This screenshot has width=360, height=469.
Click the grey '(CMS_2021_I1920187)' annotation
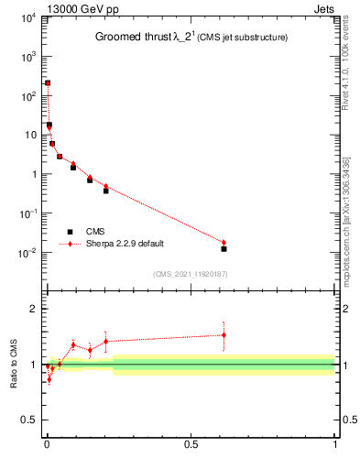click(190, 273)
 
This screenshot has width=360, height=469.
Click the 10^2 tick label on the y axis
click(27, 95)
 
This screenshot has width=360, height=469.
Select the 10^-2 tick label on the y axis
click(27, 252)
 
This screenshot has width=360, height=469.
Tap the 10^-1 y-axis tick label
click(27, 213)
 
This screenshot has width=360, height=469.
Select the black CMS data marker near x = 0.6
click(224, 248)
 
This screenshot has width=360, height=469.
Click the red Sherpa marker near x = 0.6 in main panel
click(224, 242)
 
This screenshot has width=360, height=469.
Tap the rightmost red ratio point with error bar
click(224, 335)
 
